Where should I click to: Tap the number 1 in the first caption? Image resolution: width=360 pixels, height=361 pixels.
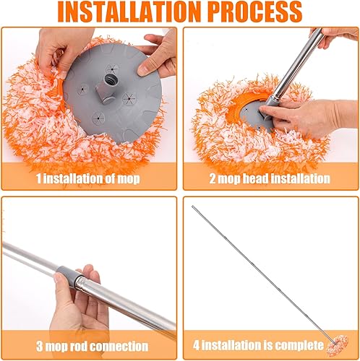pos(40,178)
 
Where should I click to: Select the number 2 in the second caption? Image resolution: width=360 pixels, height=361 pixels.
pos(213,178)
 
